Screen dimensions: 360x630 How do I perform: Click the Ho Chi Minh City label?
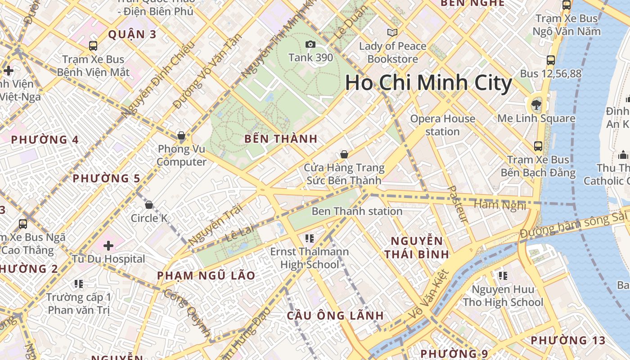(x=428, y=83)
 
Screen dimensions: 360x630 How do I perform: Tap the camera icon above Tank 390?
(x=310, y=44)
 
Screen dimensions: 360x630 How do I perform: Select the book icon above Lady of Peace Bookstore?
(x=392, y=32)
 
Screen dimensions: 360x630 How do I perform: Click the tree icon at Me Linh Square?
(x=536, y=105)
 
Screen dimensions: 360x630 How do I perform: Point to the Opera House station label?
(x=443, y=125)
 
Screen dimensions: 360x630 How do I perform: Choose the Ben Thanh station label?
(x=357, y=211)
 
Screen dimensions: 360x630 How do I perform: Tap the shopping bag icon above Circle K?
(x=149, y=205)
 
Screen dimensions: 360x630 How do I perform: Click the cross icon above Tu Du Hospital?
(x=108, y=246)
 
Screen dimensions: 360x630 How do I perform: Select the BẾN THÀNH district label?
(x=281, y=139)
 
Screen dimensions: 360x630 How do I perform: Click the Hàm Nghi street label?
(x=499, y=205)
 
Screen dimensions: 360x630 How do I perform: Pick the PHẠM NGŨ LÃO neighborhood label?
(x=206, y=275)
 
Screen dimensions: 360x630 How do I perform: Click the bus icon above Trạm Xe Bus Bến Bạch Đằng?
(x=538, y=146)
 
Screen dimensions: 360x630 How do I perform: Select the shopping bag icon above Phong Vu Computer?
(x=181, y=135)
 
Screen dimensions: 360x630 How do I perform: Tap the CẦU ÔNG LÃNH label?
(x=335, y=315)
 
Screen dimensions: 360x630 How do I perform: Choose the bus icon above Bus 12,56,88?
(x=550, y=60)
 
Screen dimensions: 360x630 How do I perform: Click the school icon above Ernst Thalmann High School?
(x=309, y=238)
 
